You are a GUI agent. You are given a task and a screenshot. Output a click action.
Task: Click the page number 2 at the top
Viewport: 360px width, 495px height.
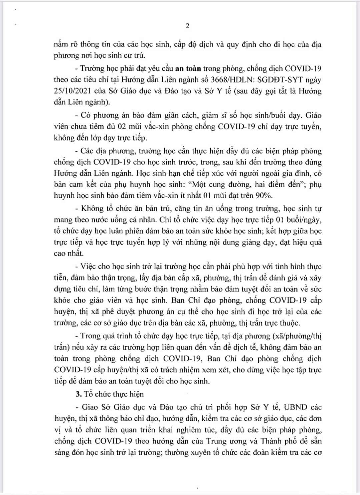tap(187, 26)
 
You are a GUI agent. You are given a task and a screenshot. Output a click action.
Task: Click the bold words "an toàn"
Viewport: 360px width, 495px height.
tap(188, 69)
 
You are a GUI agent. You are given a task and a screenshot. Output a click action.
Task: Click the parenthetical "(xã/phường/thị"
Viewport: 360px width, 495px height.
tap(297, 336)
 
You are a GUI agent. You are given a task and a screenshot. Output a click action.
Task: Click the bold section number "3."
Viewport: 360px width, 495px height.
tap(78, 394)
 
